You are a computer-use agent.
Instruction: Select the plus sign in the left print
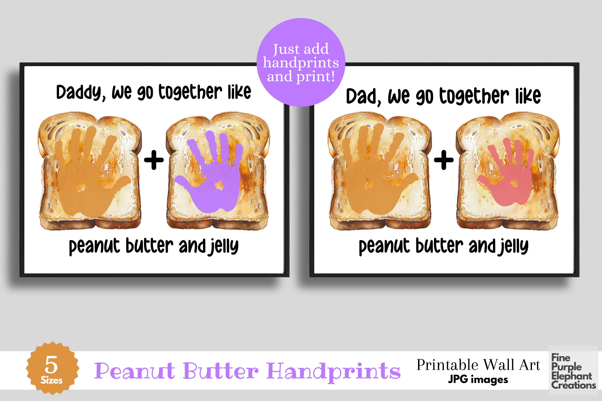point(154,160)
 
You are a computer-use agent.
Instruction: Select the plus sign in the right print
point(444,160)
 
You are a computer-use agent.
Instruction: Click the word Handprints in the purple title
point(333,371)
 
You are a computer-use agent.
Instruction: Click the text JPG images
point(478,380)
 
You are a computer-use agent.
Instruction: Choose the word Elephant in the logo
point(571,376)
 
